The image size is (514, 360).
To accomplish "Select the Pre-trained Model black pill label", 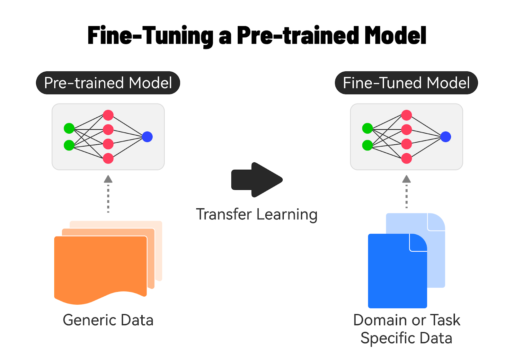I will (108, 83).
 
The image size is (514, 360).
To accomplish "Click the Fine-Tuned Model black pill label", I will (406, 83).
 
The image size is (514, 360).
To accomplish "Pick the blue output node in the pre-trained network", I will (147, 137).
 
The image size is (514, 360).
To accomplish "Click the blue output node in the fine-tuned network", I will (446, 137).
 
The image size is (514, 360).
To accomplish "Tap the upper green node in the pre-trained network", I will (69, 128).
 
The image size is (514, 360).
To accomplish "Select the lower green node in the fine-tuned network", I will (367, 145).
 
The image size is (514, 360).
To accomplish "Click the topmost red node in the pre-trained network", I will (108, 115).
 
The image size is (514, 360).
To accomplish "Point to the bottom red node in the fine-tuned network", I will (406, 158).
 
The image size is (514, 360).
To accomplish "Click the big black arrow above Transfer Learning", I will (257, 180).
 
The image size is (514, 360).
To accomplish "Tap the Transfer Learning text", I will (257, 214).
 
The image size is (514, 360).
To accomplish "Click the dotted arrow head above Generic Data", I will (108, 179).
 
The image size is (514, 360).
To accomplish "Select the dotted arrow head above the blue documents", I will (406, 179).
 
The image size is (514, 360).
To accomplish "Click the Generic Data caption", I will (108, 320).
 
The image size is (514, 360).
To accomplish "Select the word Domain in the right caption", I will (380, 320).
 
